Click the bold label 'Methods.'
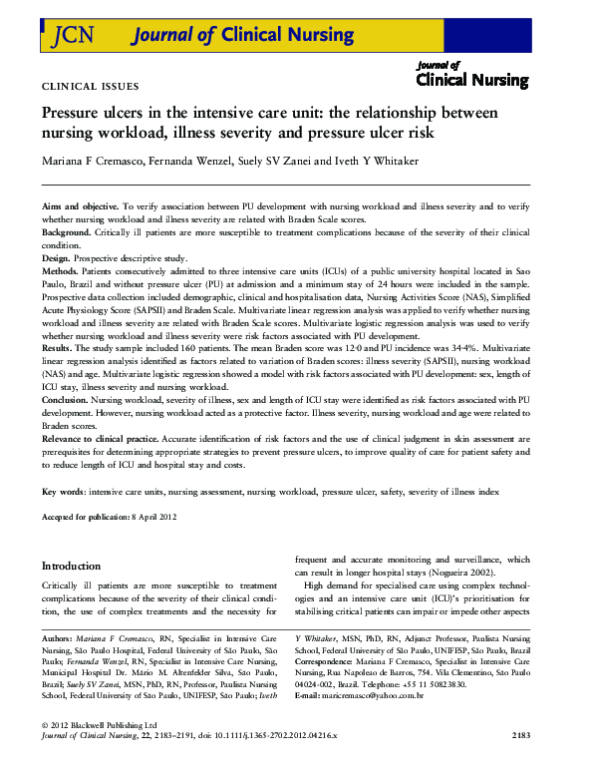pyautogui.click(x=63, y=270)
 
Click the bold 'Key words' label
pyautogui.click(x=63, y=493)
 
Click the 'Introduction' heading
pyautogui.click(x=71, y=565)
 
